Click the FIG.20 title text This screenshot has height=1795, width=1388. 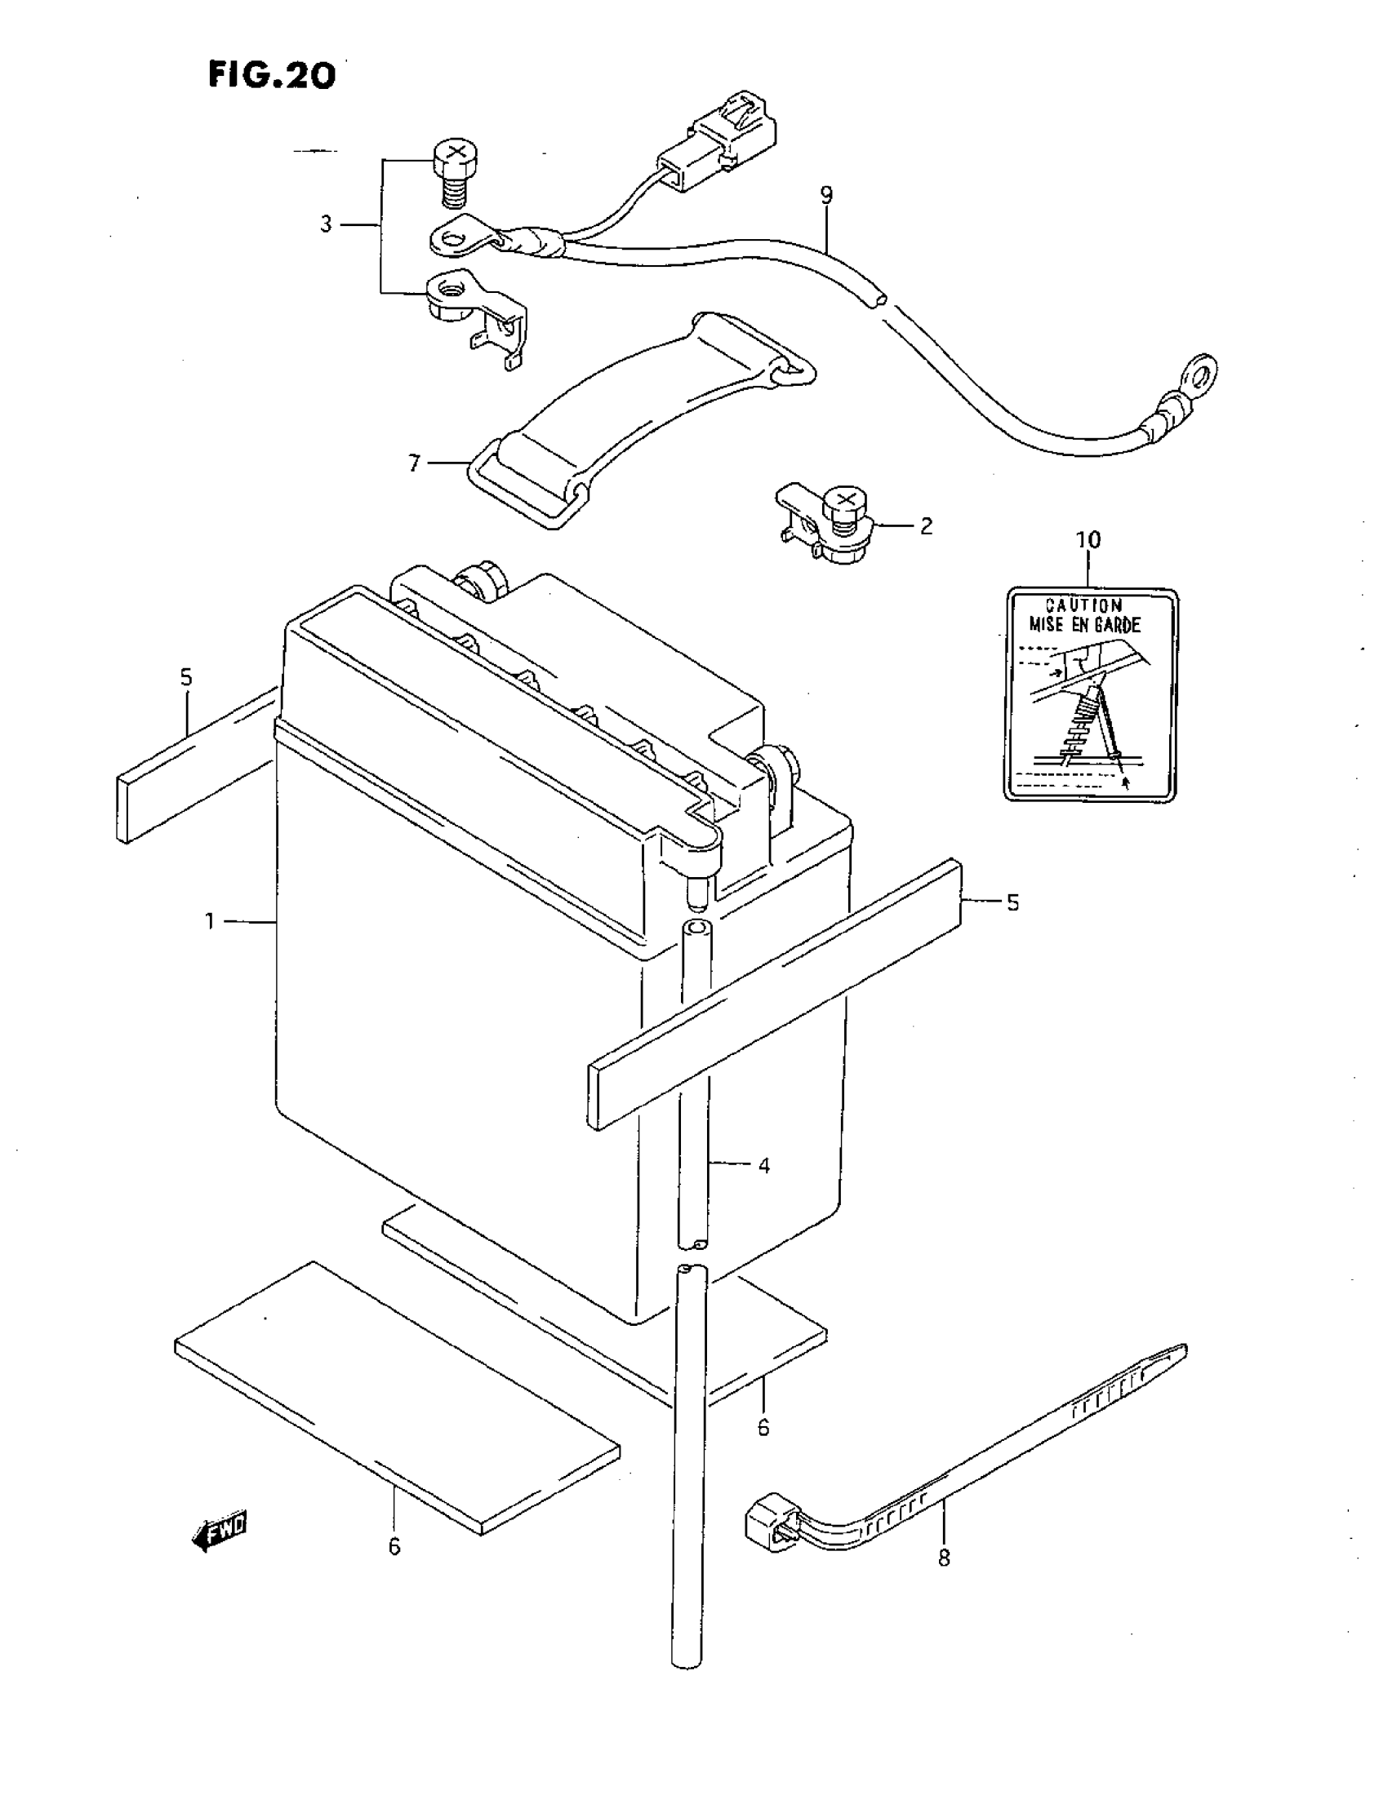coord(271,75)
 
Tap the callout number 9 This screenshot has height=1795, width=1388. coord(826,196)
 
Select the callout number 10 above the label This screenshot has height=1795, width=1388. coord(1088,540)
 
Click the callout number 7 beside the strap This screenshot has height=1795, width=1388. coord(415,464)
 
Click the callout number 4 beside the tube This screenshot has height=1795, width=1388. coord(764,1165)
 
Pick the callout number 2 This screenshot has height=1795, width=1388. coord(927,526)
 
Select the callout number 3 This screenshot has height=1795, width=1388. coord(327,224)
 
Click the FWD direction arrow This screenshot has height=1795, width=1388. coord(219,1531)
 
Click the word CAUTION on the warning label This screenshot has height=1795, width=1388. coord(1083,605)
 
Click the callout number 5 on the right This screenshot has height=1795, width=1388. coord(1013,902)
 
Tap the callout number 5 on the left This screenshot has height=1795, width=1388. coord(187,677)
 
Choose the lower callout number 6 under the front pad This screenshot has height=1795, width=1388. coord(394,1547)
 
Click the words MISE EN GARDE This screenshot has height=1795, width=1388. coord(1084,625)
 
